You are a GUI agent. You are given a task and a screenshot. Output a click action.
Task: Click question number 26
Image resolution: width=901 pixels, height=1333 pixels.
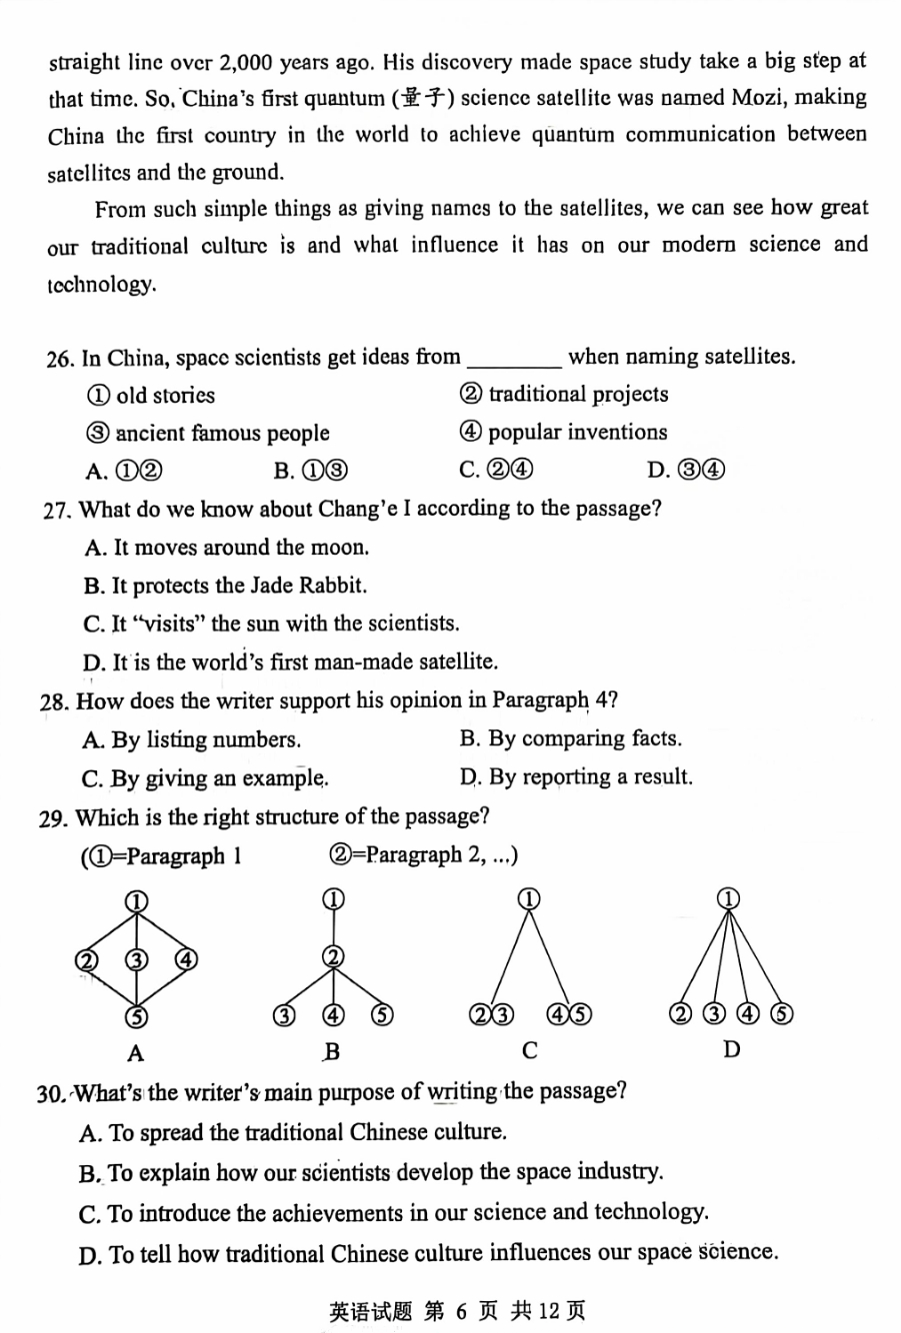click(59, 358)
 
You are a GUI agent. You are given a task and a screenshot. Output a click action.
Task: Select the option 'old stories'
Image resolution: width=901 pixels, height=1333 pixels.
click(165, 396)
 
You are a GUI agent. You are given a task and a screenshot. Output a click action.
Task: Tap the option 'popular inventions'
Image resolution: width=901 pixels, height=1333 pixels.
click(577, 433)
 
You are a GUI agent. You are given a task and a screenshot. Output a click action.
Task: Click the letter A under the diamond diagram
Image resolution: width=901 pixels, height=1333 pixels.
click(136, 1052)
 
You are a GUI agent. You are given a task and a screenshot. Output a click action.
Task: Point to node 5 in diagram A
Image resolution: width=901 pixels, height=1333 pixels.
click(136, 1017)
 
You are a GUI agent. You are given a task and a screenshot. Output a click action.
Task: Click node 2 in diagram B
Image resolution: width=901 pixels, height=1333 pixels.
click(332, 957)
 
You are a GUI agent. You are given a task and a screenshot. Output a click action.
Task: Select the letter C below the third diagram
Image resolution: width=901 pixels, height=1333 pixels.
click(530, 1050)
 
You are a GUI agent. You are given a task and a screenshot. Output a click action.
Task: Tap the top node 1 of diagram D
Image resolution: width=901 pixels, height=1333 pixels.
click(730, 897)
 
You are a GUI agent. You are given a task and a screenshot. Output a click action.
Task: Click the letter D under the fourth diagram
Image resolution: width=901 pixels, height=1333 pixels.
click(731, 1049)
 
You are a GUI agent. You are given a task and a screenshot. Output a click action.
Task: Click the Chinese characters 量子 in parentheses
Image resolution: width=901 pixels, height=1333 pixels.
click(425, 98)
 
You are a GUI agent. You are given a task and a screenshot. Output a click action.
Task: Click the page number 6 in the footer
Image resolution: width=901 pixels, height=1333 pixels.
click(461, 1310)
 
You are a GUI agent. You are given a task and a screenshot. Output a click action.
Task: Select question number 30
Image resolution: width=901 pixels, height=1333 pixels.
click(50, 1093)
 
